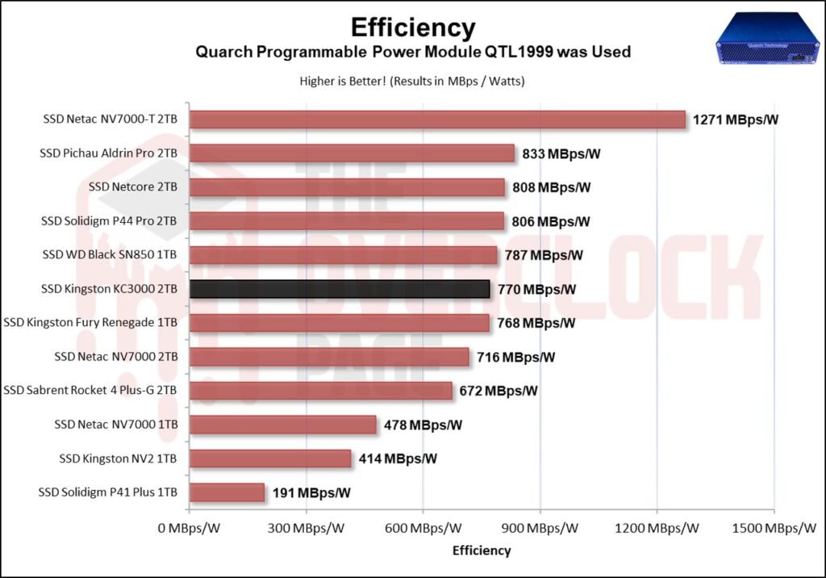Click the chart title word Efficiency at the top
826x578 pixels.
[x=412, y=27]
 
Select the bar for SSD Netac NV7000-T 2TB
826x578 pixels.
[x=437, y=119]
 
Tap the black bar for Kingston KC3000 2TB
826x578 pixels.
[x=340, y=289]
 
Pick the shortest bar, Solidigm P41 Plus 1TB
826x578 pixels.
[x=227, y=492]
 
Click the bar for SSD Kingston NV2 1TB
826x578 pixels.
[x=270, y=459]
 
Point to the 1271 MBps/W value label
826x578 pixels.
[x=736, y=120]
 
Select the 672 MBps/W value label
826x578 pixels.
[x=499, y=391]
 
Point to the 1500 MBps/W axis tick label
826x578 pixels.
[x=773, y=529]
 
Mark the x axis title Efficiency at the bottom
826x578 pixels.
[x=482, y=551]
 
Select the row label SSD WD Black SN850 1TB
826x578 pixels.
[x=109, y=255]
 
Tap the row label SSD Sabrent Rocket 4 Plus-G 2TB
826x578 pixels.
[x=90, y=391]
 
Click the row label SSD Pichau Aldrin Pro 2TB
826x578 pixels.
[x=108, y=153]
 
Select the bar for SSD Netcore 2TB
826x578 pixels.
[x=347, y=187]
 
